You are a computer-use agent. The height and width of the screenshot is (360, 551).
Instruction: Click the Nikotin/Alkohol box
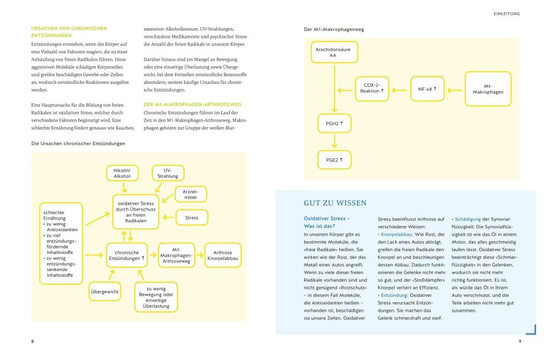[122, 173]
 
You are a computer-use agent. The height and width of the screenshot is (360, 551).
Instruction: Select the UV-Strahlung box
[164, 173]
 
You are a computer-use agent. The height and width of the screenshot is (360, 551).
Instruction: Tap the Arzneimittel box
[191, 194]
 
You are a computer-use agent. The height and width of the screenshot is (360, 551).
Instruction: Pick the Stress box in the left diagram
[191, 218]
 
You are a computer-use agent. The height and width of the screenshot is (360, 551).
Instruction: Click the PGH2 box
[334, 123]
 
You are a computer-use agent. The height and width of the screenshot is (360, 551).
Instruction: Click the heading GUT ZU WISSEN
[335, 203]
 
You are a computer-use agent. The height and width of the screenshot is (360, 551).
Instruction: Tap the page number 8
[32, 341]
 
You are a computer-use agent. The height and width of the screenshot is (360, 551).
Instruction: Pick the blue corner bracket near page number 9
[531, 330]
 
